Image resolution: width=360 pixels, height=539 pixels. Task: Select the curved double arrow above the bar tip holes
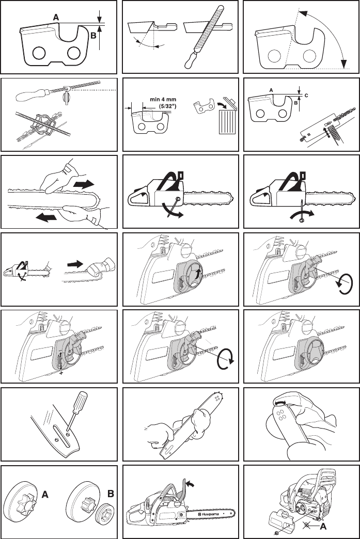click(280, 401)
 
